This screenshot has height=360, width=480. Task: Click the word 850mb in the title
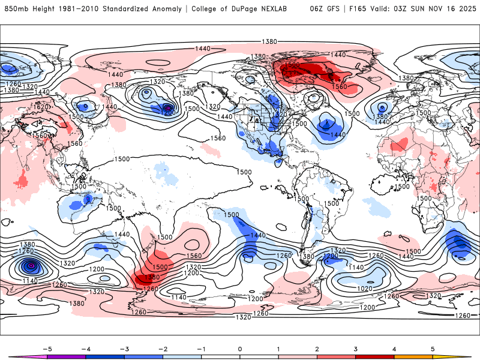pos(15,9)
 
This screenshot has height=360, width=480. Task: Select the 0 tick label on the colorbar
pos(239,349)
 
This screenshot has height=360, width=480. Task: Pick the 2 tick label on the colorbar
pos(317,349)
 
